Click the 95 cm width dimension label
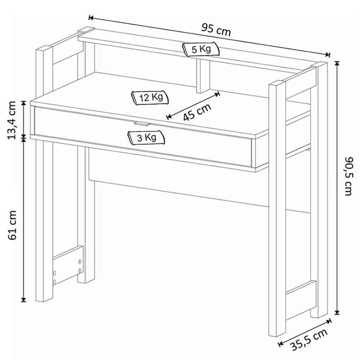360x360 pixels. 216,30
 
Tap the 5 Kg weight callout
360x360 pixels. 201,49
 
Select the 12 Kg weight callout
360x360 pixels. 150,98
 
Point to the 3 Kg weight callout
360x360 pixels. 146,138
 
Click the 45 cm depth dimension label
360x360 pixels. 197,112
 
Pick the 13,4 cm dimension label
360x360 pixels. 12,120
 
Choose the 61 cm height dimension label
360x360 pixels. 12,225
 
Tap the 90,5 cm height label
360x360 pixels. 348,176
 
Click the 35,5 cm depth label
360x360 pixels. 309,340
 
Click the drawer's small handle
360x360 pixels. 142,123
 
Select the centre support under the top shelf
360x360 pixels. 203,76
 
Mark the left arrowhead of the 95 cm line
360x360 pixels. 91,18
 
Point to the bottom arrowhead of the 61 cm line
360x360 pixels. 23,300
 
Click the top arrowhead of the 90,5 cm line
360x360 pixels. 337,63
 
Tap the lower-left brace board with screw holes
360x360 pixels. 68,265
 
